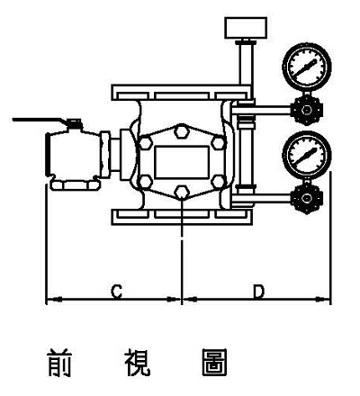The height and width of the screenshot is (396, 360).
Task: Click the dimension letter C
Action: click(116, 292)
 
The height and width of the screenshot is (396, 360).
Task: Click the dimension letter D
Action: click(258, 292)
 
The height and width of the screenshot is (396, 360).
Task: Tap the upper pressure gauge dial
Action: click(307, 67)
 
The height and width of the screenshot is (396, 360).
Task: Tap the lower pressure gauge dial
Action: click(307, 155)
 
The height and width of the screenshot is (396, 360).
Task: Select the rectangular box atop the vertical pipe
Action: click(246, 28)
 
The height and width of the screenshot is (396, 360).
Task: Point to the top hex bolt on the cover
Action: click(182, 131)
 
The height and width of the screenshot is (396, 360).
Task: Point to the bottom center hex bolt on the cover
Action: click(182, 193)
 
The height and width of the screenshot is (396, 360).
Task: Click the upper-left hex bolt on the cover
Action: click(146, 143)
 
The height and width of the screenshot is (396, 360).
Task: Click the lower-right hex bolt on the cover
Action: click(218, 182)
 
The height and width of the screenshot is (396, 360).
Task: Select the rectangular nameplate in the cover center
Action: click(182, 162)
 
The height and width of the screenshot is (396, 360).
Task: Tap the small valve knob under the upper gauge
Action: click(307, 110)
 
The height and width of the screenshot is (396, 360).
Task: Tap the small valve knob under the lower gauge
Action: click(307, 198)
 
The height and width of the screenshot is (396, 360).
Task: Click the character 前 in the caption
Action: click(59, 363)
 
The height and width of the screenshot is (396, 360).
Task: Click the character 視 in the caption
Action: click(138, 363)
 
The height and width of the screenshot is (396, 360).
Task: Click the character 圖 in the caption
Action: click(215, 363)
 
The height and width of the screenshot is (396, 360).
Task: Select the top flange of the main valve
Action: click(182, 93)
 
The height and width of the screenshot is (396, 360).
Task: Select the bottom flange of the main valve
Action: click(182, 217)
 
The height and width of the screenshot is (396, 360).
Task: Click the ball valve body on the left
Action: click(74, 155)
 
